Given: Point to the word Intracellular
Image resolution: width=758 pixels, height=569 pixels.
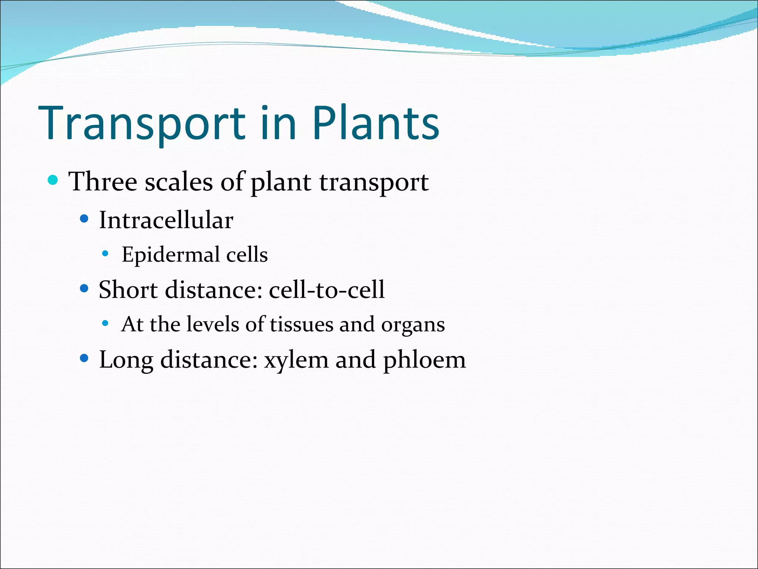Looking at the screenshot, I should (x=166, y=220).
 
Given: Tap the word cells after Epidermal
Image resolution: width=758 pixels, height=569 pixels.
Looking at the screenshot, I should (x=247, y=255).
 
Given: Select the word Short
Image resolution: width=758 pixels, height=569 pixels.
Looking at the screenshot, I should (x=128, y=289).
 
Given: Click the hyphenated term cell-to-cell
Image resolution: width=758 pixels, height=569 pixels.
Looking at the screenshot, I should (x=326, y=289).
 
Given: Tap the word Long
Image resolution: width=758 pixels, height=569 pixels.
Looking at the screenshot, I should (x=126, y=360).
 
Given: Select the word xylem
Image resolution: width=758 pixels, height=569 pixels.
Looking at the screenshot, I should (x=296, y=360).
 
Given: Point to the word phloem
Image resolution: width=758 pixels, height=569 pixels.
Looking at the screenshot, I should (x=424, y=360).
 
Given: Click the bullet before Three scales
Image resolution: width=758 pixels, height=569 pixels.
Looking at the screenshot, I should (x=53, y=180).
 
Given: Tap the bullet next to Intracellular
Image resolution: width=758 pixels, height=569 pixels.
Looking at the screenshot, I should (x=84, y=219).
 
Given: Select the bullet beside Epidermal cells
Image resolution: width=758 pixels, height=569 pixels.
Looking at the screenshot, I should (x=105, y=254).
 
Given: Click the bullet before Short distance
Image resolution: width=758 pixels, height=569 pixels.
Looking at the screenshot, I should (x=84, y=288).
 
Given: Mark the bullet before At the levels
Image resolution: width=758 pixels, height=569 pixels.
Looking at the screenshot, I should (x=105, y=323).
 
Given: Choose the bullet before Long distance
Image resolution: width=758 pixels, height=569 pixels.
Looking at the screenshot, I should (x=84, y=358).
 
